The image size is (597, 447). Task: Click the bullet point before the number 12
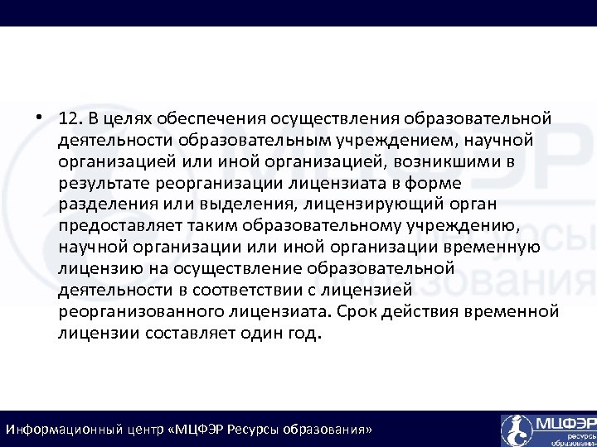[x=41, y=115]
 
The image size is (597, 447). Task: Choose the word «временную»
[x=501, y=248]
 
